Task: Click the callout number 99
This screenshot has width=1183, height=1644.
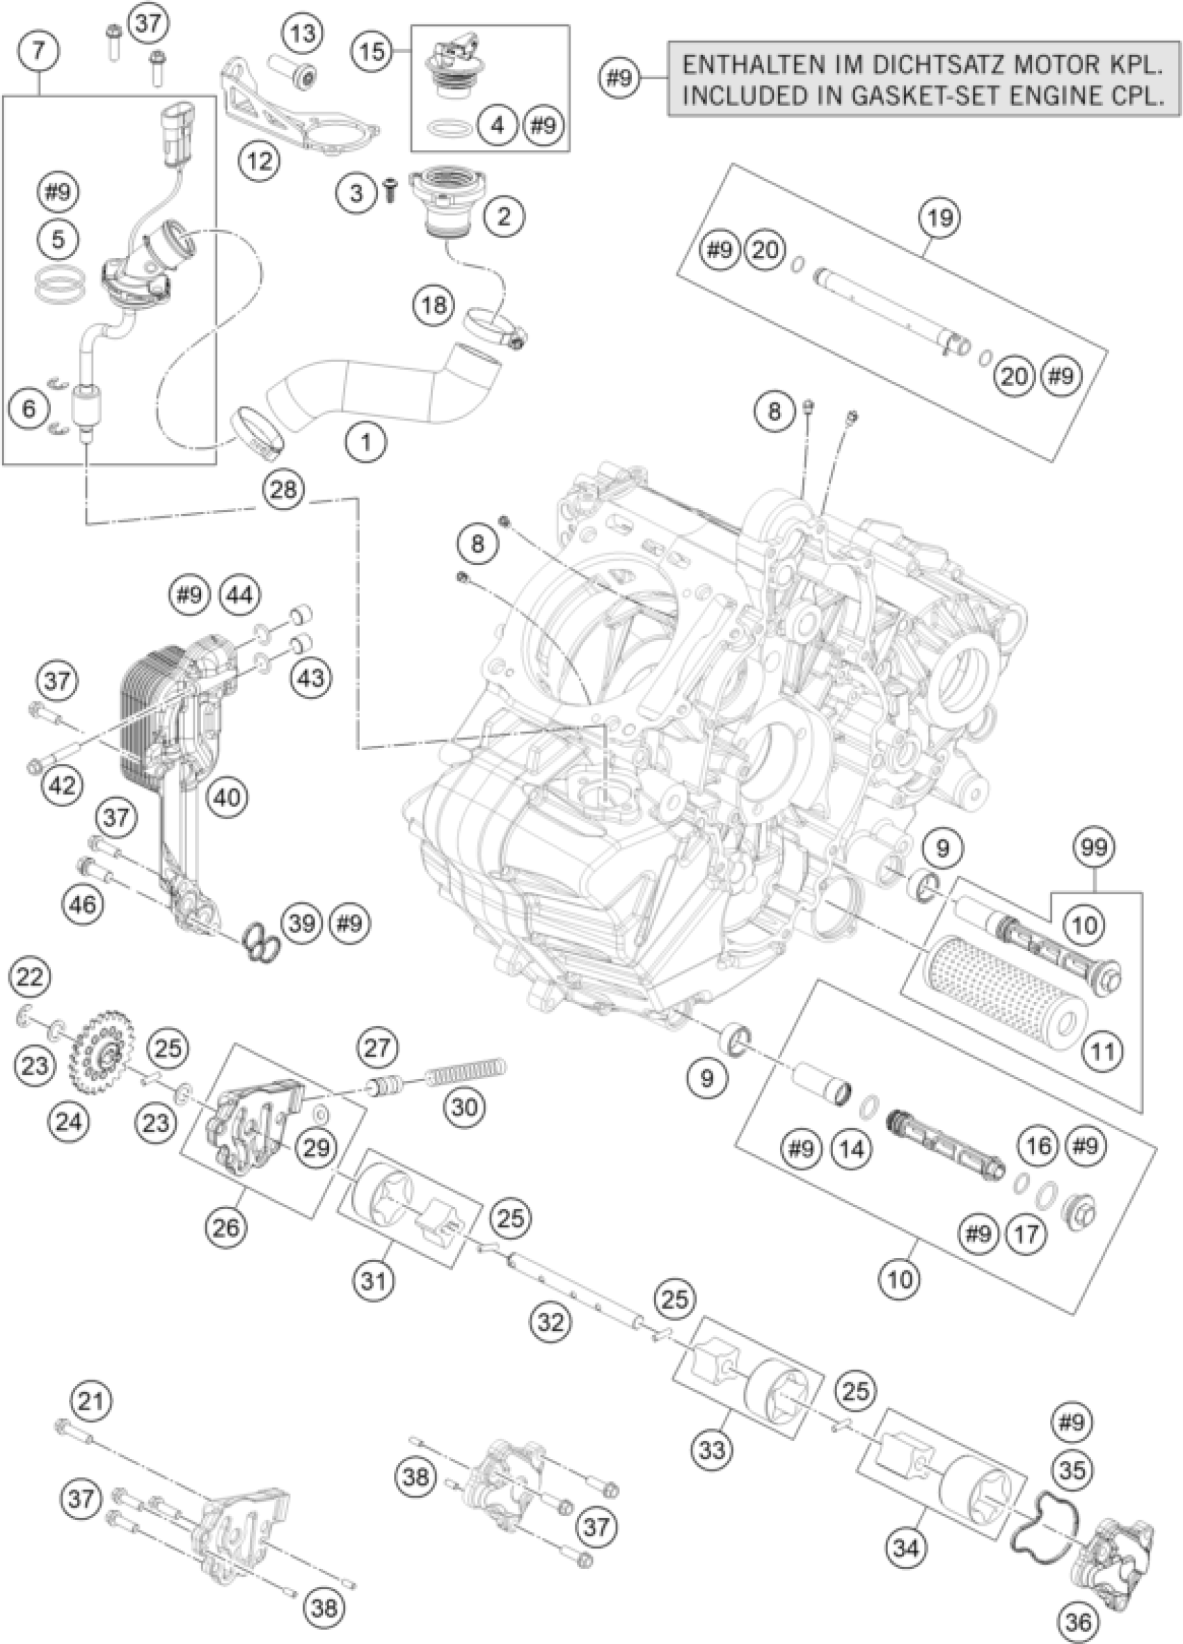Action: pos(1094,848)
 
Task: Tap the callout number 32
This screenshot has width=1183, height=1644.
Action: pos(550,1322)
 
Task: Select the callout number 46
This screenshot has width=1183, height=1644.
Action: pos(84,904)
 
